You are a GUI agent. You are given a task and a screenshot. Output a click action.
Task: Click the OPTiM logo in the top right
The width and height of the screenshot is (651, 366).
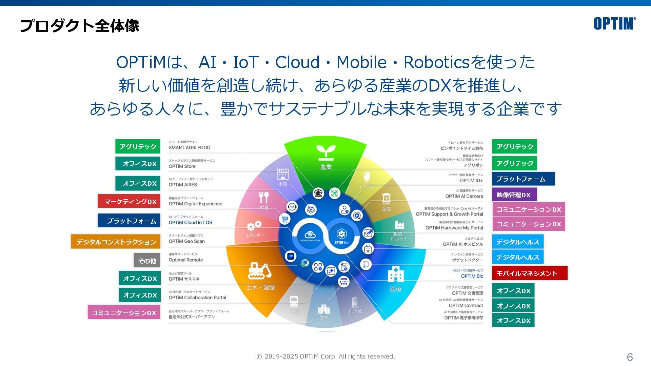point(614,23)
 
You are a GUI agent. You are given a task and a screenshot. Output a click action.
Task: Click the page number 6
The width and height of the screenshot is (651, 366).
point(630,357)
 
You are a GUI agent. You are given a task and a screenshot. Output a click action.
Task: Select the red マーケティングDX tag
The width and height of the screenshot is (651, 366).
point(129,201)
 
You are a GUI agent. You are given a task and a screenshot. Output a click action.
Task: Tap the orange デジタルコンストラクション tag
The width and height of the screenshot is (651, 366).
point(116,242)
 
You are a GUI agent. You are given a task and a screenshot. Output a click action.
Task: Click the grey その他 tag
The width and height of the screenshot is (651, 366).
point(147,261)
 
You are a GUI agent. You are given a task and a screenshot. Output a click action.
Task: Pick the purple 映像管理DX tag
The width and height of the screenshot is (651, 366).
point(514,195)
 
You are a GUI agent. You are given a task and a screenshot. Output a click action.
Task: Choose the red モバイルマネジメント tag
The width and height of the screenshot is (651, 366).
point(529,273)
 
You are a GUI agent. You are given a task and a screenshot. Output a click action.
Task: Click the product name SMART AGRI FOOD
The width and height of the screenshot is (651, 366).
point(190,147)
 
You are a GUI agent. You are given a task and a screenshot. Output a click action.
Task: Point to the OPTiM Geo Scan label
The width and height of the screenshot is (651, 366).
point(187,241)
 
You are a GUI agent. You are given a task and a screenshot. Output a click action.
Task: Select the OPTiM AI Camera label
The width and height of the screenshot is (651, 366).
point(464,196)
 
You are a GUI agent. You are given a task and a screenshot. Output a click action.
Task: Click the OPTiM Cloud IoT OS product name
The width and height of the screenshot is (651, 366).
point(190,223)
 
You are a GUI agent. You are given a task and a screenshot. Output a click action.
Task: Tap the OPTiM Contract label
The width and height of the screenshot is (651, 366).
point(466,305)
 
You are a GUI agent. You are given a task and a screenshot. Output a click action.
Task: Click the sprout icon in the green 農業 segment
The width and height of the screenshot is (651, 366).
point(326,152)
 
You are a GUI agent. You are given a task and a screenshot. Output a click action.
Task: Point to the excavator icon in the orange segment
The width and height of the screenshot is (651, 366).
point(260,271)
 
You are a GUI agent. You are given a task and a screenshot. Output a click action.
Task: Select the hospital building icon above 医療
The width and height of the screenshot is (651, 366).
point(396,274)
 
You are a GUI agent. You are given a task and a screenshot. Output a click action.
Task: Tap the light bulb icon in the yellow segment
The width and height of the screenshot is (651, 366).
point(367,177)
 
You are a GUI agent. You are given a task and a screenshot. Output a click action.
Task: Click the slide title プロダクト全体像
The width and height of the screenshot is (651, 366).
point(80,26)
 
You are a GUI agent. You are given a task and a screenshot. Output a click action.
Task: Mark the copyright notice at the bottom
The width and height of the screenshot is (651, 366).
point(325,357)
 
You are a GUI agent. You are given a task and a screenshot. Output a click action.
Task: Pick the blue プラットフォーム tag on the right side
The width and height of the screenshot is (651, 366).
point(523,179)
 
